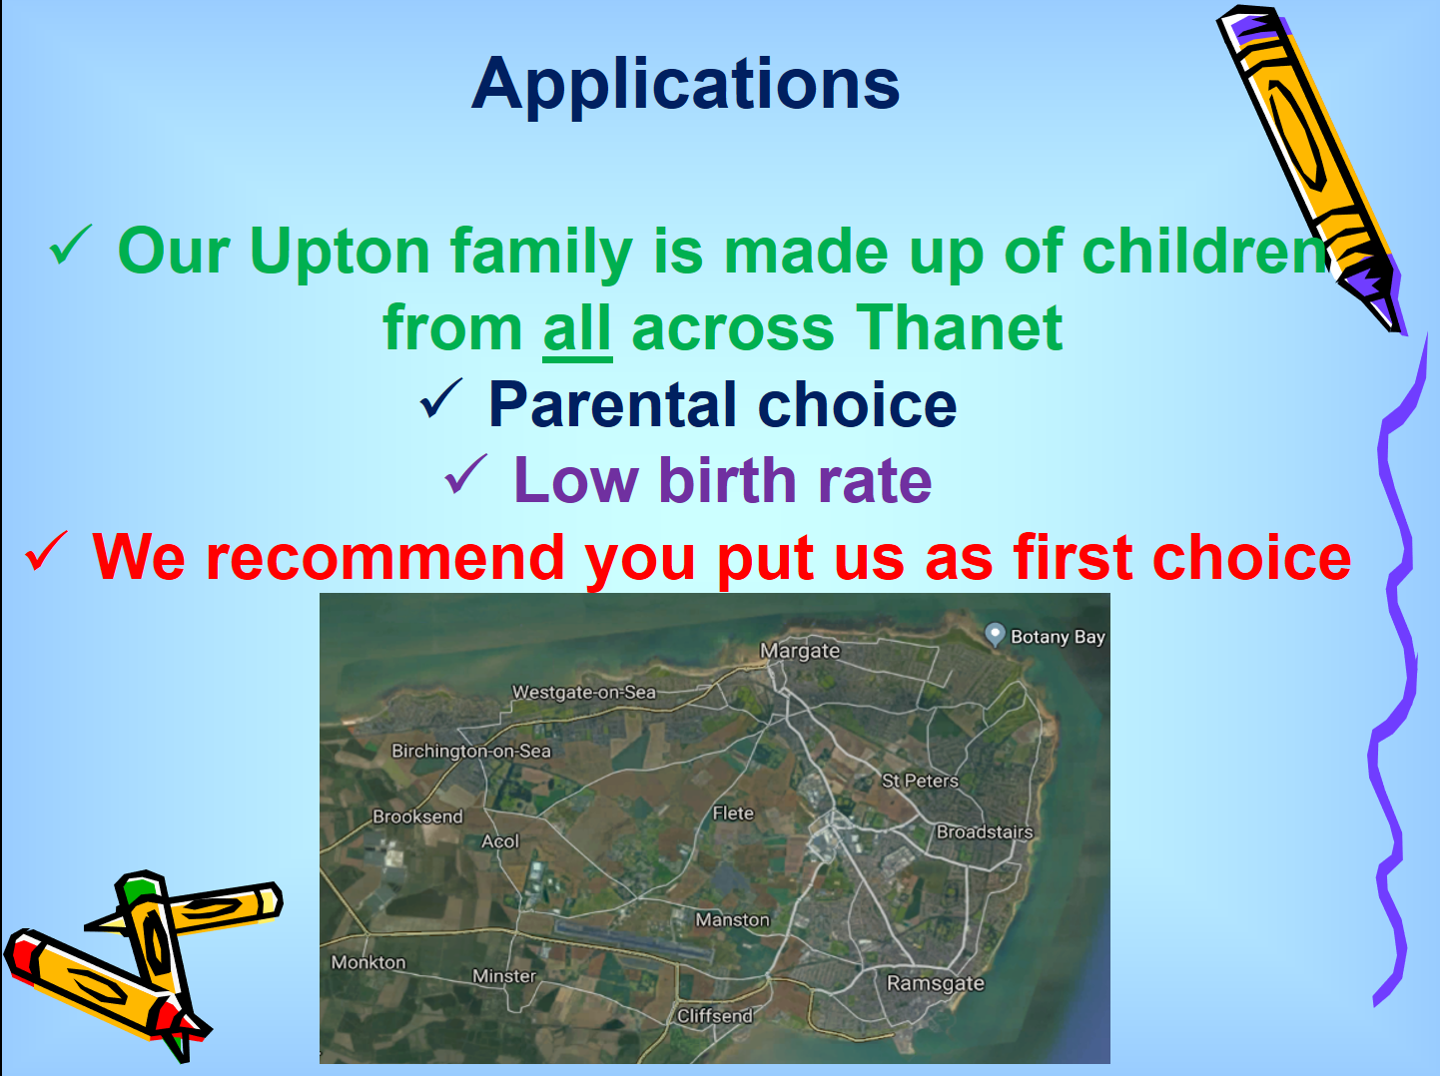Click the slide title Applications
[686, 85]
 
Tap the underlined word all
[577, 328]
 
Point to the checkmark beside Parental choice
[440, 398]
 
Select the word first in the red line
[1074, 557]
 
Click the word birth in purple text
[728, 481]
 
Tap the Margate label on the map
[800, 651]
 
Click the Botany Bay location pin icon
[996, 635]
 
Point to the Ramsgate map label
[936, 983]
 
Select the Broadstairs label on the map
[985, 832]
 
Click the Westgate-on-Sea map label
[584, 693]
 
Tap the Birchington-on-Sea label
[471, 751]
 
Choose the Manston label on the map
[732, 920]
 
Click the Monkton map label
[368, 962]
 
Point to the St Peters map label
[920, 781]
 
